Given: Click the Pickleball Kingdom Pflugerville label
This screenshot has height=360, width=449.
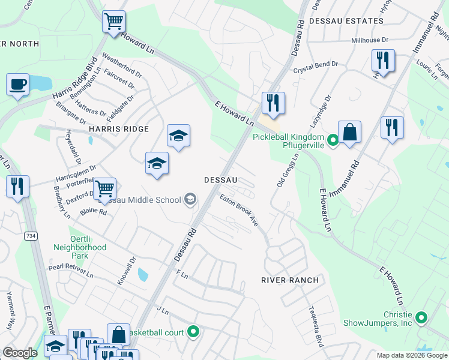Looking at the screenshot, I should pos(288,141).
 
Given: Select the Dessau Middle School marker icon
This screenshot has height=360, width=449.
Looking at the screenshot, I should pos(190,200).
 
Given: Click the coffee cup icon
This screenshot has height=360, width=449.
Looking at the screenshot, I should pos(17,84).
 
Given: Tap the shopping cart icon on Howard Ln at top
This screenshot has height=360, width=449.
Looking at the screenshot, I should pos(113,22).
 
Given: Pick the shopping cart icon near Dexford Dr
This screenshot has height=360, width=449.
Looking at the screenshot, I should pos(104,188).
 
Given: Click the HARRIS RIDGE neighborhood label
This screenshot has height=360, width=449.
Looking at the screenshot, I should pos(118,128).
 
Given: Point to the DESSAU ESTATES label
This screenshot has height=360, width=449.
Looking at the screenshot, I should pos(346,21).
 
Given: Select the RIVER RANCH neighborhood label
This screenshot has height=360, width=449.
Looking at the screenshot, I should pos(289,280).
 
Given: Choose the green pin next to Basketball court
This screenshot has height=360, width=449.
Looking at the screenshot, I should pos(193,331).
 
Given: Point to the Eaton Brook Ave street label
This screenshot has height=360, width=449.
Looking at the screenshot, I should pos(239,209).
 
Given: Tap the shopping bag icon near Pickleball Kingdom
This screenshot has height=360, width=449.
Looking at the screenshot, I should pos(349,132).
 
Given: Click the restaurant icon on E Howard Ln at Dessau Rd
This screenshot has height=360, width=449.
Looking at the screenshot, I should pos(273,103).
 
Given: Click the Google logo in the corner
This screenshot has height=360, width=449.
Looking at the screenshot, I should pos(20,353).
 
